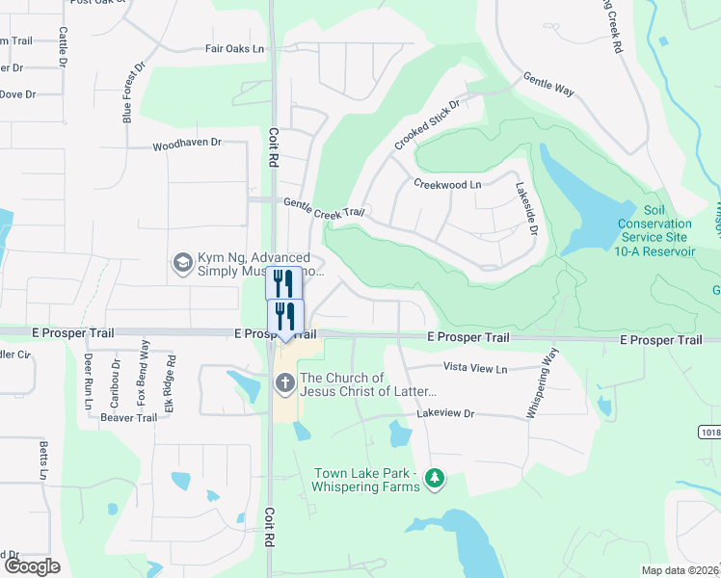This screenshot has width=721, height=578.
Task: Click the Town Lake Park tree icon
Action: coord(436,478)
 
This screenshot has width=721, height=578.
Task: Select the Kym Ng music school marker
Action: coord(180,262)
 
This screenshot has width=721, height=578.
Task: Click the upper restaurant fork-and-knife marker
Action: coord(282,282)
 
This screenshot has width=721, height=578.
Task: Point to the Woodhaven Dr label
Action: coord(187,144)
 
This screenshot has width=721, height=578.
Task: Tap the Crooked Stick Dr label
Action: coord(427,124)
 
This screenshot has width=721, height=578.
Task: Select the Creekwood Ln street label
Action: coord(447,183)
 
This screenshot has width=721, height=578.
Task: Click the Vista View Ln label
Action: coord(474,368)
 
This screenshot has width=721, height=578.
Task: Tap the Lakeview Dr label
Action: coord(446,413)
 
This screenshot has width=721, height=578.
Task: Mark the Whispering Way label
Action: coord(542,383)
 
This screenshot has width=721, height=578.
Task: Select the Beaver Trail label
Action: coord(128,418)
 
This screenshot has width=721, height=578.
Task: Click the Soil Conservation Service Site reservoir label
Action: coord(655,230)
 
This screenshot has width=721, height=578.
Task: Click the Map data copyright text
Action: coord(681,570)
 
